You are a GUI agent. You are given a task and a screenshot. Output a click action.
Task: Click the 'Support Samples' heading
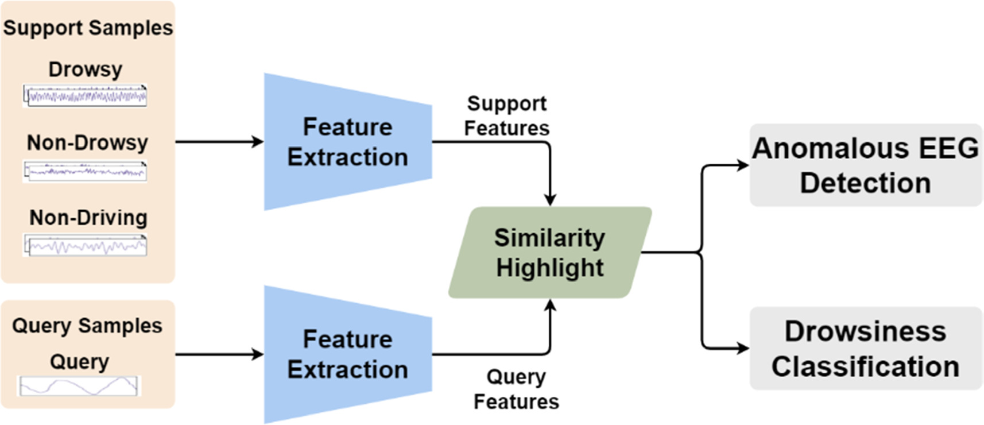(x=88, y=28)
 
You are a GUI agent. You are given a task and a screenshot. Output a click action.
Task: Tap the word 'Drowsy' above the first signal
(x=85, y=69)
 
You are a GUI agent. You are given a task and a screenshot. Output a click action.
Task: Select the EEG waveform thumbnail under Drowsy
(x=85, y=96)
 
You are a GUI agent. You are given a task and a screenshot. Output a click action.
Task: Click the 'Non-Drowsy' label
(x=87, y=142)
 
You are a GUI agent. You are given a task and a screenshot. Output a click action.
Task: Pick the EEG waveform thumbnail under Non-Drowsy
(x=85, y=171)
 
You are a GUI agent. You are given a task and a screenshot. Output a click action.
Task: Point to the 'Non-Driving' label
(x=88, y=218)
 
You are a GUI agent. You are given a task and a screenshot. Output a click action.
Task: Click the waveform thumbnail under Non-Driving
(x=85, y=246)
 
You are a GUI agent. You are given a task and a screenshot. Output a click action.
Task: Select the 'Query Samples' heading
(x=87, y=326)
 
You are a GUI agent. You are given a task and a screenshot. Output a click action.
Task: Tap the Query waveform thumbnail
(x=79, y=386)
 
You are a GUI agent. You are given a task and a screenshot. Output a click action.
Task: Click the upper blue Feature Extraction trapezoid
(x=347, y=142)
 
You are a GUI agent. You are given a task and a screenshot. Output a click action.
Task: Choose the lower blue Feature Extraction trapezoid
(x=347, y=354)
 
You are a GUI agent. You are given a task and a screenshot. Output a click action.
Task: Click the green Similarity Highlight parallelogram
(x=549, y=253)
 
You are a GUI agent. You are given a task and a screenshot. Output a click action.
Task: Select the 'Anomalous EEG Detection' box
(x=865, y=165)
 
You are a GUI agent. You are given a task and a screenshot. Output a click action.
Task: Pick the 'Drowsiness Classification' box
(x=865, y=349)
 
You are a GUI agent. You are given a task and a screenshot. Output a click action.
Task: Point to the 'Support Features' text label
(x=506, y=115)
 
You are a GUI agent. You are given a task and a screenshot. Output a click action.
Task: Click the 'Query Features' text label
(x=516, y=389)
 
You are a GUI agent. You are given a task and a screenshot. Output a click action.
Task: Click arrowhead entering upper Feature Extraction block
(x=258, y=142)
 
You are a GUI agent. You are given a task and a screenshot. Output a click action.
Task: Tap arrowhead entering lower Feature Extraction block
(x=258, y=354)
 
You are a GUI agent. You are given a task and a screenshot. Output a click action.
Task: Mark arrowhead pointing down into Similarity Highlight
(x=550, y=200)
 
